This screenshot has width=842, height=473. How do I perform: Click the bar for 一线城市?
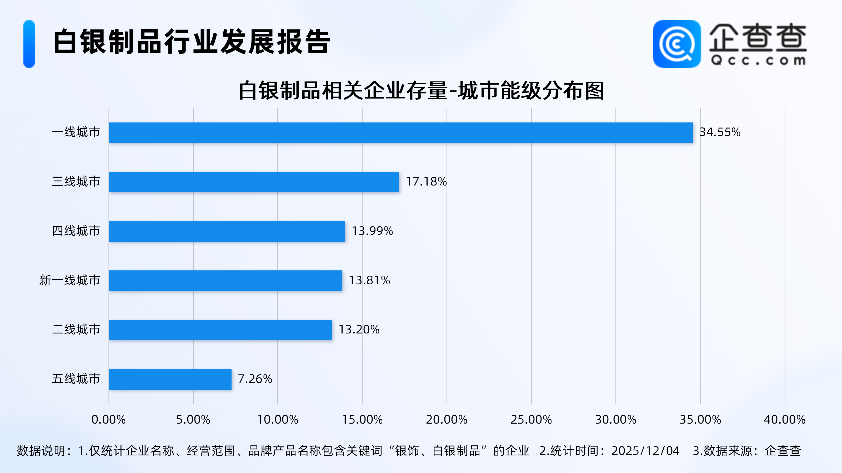point(400,132)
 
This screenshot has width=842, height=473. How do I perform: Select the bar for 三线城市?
point(254,182)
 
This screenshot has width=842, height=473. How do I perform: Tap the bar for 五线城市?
point(170,379)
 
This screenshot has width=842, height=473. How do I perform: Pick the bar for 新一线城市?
point(225,281)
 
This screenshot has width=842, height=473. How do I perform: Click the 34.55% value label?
point(720,132)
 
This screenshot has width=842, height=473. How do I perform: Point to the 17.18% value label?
point(426,182)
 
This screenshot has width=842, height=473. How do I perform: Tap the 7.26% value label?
point(255,379)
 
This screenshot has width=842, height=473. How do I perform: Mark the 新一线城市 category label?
point(70,280)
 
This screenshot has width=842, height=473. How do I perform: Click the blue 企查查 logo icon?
point(676,44)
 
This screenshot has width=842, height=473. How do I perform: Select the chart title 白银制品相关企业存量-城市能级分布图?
point(421,91)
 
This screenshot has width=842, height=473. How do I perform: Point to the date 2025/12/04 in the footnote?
point(645,451)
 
